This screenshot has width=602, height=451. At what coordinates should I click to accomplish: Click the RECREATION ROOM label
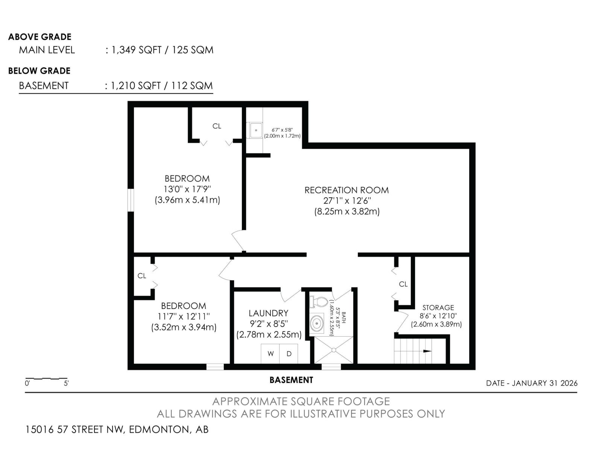[x=347, y=190]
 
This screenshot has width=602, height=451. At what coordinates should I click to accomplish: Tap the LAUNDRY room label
[x=268, y=313]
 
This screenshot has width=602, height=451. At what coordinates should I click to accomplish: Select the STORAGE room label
[x=438, y=307]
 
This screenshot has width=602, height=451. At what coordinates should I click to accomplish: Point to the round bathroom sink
[x=317, y=324]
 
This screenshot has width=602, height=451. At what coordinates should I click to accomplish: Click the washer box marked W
[x=270, y=354]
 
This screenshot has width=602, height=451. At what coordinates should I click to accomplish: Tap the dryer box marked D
[x=289, y=354]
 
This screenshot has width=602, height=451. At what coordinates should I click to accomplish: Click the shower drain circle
[x=333, y=350]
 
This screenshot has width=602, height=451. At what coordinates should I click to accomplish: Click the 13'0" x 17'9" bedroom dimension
[x=187, y=189]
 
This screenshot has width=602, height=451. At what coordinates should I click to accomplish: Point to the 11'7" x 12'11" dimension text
[x=184, y=316]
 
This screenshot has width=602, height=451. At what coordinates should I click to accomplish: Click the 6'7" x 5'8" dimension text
[x=282, y=130]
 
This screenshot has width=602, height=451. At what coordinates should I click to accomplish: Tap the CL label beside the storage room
[x=403, y=284]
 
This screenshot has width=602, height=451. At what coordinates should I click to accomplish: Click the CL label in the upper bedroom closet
[x=217, y=126]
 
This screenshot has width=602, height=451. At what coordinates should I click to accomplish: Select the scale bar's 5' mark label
[x=66, y=383]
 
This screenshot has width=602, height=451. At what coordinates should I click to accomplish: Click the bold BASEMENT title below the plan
[x=291, y=380]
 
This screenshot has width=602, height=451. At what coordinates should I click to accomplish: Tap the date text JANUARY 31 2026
[x=544, y=383]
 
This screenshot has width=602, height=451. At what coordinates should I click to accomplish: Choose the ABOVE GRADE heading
[x=40, y=37]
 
